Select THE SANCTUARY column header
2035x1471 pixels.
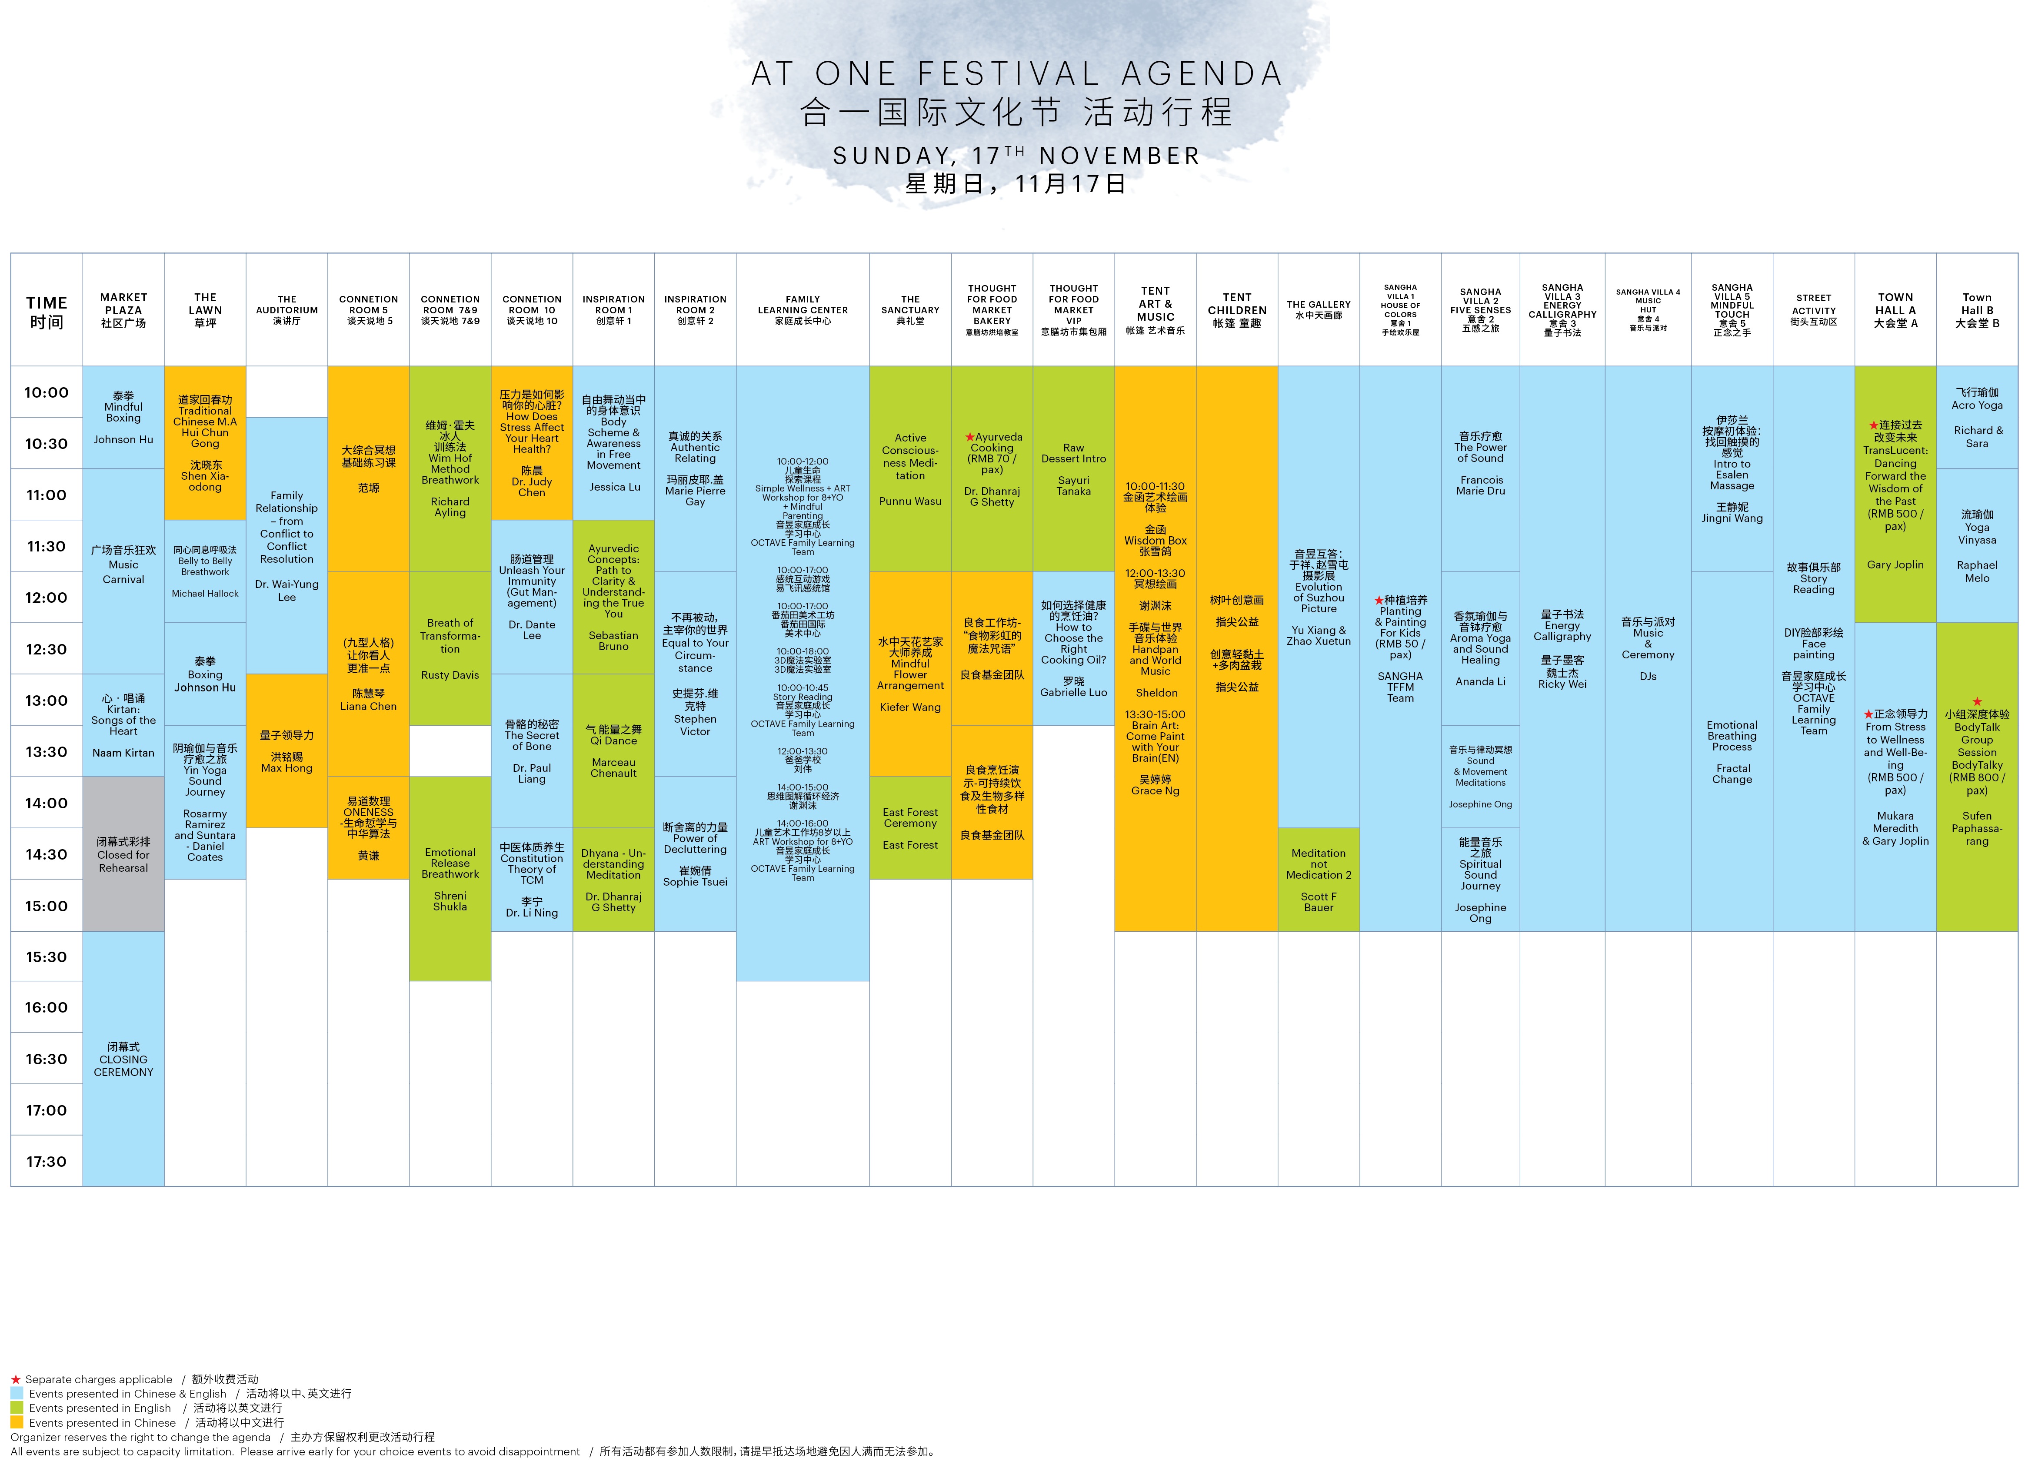[910, 309]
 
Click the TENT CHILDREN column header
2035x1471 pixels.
[1236, 309]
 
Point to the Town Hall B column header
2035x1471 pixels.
[1977, 309]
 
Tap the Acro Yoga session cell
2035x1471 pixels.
[1977, 417]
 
